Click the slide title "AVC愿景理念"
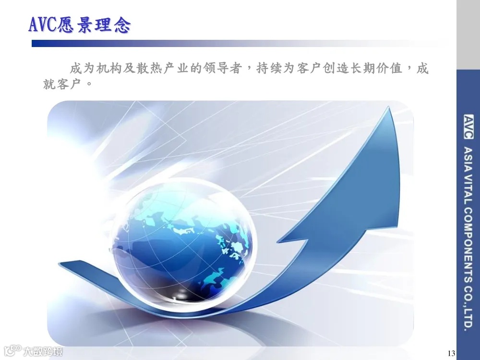[x=79, y=24]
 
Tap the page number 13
[x=450, y=354]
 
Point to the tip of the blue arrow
[x=390, y=109]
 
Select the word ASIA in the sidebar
[x=468, y=160]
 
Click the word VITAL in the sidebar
[x=468, y=189]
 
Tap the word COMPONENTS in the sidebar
[x=468, y=244]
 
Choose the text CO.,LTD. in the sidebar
[x=468, y=307]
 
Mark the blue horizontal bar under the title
[x=192, y=43]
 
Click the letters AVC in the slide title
[x=43, y=24]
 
